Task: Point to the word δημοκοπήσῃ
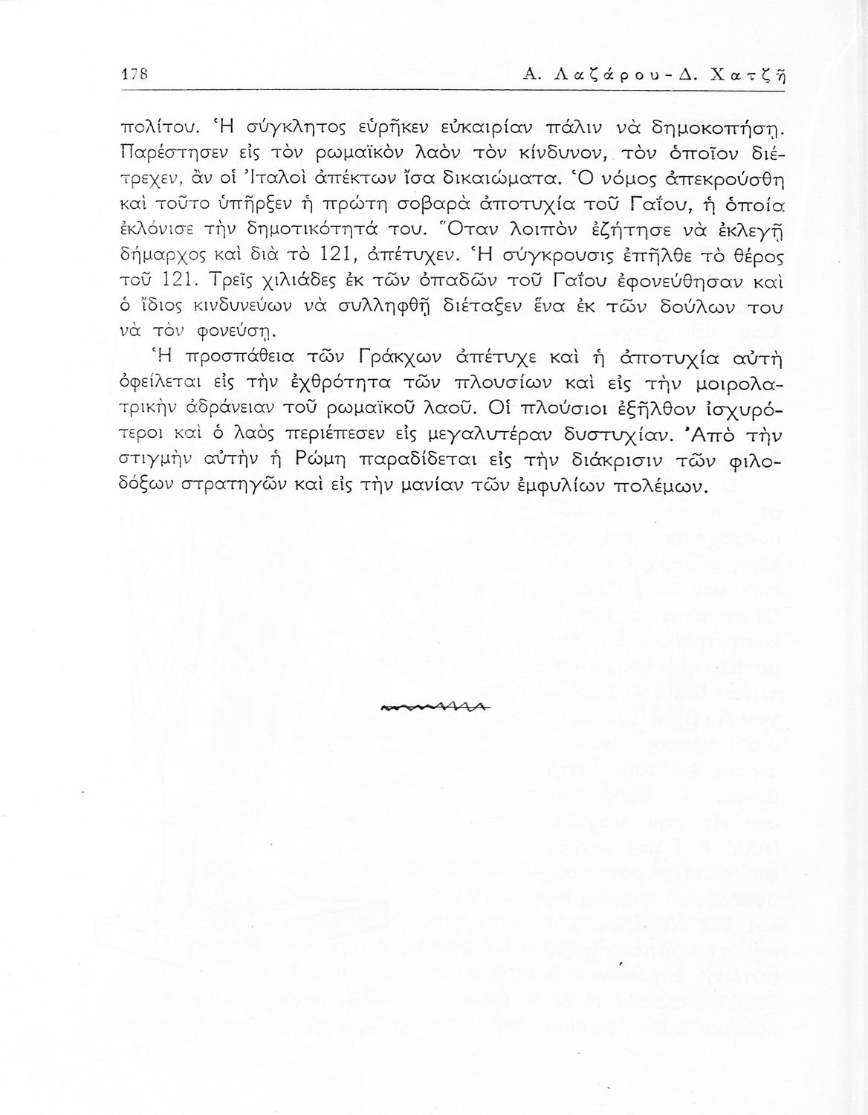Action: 724,123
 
